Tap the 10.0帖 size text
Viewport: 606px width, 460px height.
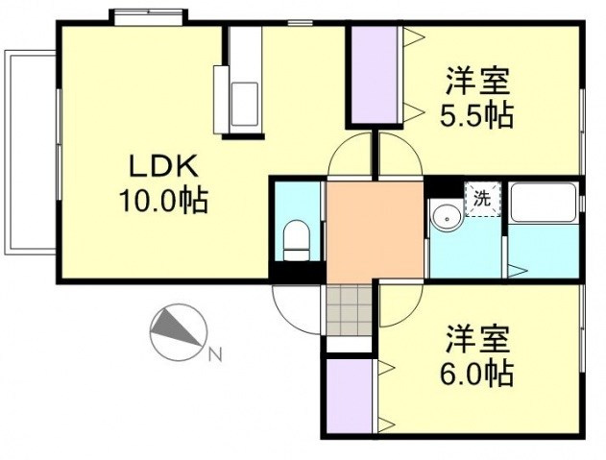click(163, 202)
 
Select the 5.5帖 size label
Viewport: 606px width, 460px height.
click(475, 114)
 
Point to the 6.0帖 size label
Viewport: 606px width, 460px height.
click(477, 373)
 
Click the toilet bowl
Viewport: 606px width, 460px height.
click(296, 239)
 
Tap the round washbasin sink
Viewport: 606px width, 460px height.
click(445, 218)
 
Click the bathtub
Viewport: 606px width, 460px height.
click(543, 205)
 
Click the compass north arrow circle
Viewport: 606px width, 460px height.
click(177, 331)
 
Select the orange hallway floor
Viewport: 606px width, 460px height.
click(376, 230)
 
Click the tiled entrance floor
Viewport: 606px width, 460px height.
click(348, 308)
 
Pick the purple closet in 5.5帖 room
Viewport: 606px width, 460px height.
click(375, 74)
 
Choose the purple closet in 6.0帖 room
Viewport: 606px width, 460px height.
click(349, 397)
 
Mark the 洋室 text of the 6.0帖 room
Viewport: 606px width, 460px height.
click(477, 338)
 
